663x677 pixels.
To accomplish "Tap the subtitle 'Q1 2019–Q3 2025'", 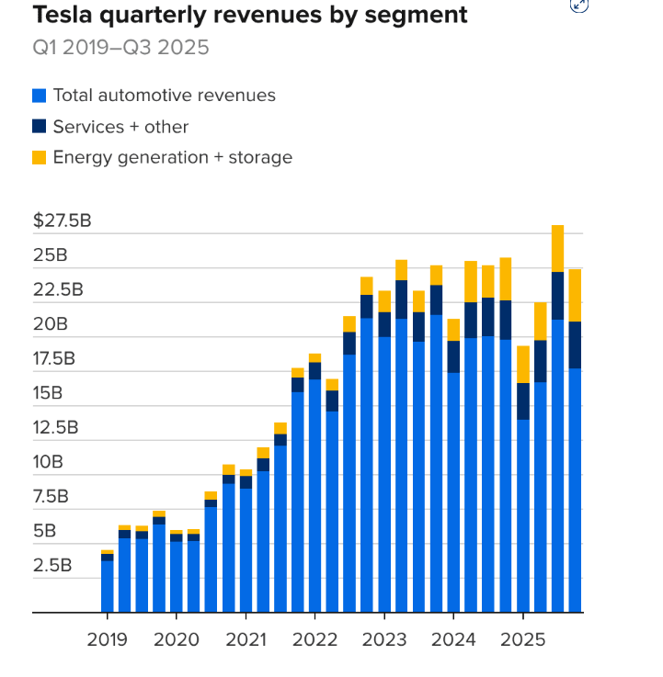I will coord(120,47).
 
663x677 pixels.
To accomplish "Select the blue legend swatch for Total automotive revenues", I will coord(39,96).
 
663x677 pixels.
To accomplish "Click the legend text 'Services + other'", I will coord(120,127).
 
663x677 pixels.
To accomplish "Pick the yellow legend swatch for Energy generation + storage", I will coord(39,158).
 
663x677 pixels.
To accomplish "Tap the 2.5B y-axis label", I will coord(52,565).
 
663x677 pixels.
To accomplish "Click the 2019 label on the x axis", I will coord(108,638).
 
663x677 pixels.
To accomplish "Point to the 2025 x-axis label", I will coord(522,638).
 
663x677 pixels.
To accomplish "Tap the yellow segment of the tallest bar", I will coord(557,248).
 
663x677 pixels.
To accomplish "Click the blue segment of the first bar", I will coord(108,586).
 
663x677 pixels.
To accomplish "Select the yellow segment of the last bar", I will coord(575,295).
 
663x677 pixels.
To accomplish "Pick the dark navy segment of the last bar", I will coord(575,345).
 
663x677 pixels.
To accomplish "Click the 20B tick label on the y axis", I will coord(51,324).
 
